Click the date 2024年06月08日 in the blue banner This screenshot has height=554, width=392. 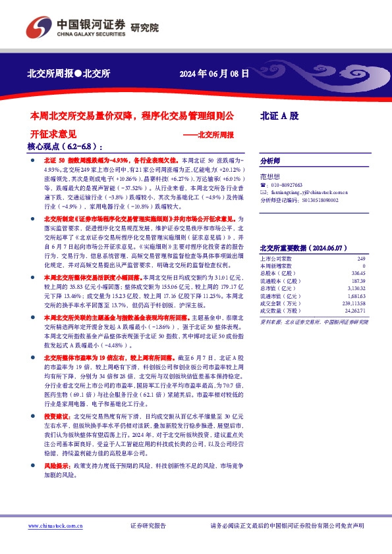[x=215, y=74]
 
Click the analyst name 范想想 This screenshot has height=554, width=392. [x=269, y=176]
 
